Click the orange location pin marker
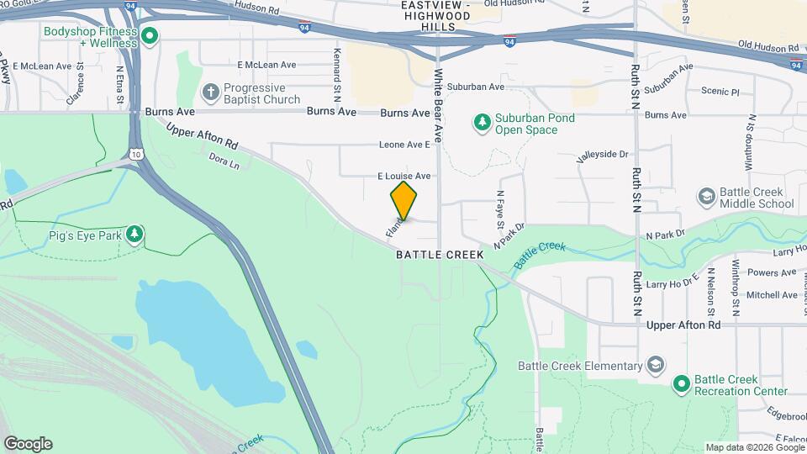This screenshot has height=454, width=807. click(403, 200)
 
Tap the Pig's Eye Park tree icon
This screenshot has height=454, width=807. click(134, 233)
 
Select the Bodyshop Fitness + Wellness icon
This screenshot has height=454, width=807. click(150, 35)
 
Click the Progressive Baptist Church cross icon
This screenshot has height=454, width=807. click(210, 92)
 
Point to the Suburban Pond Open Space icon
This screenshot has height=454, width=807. click(483, 124)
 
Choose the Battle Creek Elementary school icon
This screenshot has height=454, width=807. click(656, 366)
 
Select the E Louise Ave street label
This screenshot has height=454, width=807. click(403, 176)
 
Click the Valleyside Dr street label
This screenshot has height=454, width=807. click(602, 155)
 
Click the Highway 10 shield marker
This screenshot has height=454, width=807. click(136, 154)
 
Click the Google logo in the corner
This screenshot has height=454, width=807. click(28, 443)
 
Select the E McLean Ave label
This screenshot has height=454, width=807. click(266, 64)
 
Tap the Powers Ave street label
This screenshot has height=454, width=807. click(771, 272)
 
